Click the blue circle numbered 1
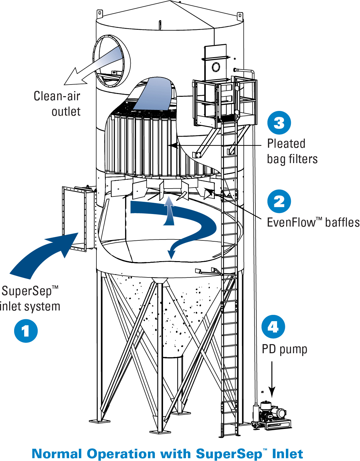26,331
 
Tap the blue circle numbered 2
279,201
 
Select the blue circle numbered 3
279,123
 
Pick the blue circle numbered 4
273,327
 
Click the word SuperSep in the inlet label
27,291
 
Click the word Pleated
286,144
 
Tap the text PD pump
284,349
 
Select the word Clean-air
57,96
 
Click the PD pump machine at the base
272,415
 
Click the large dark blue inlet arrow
44,255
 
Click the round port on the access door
216,67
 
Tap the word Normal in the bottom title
57,454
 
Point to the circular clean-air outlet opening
112,61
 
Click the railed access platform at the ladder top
225,101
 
